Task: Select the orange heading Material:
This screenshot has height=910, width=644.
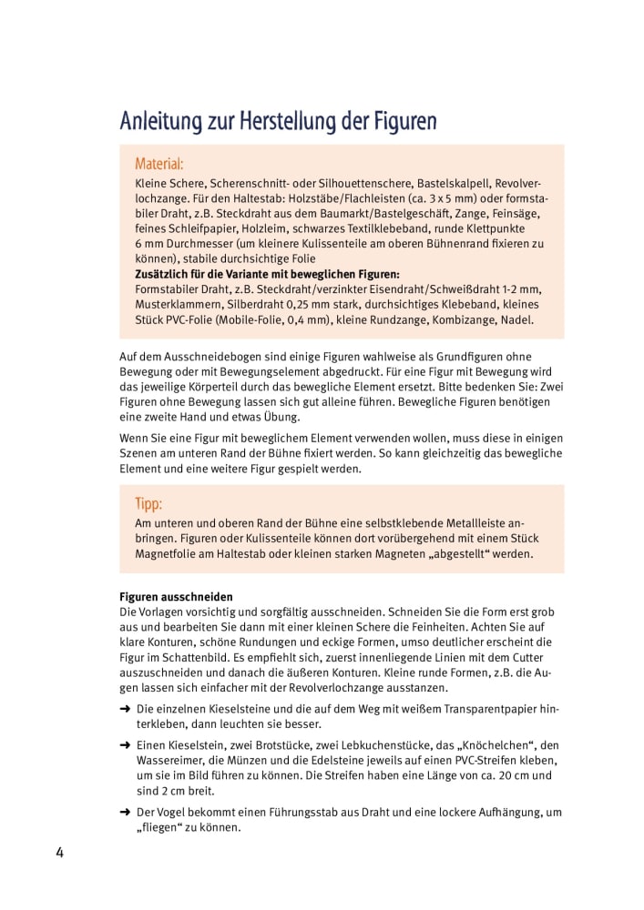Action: click(159, 164)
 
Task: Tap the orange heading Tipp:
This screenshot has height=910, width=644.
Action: click(148, 503)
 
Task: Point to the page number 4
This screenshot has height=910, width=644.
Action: click(59, 853)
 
